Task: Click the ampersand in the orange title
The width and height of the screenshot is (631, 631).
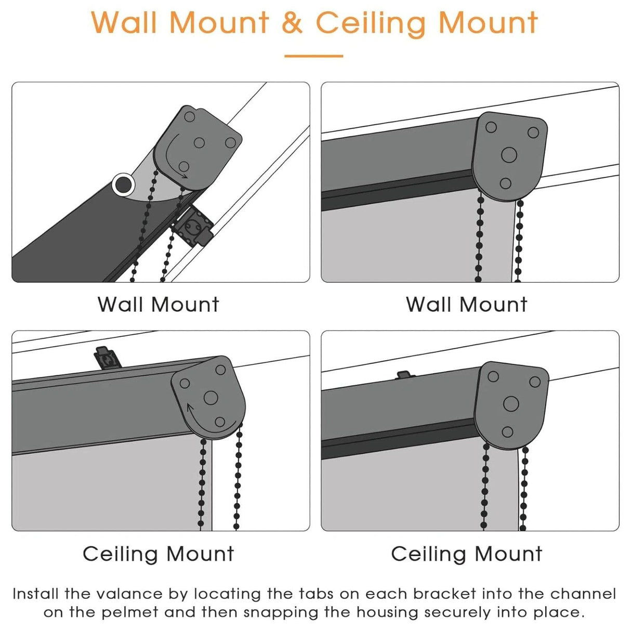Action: coord(292,23)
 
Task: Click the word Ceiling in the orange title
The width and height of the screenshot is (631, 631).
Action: coord(371,23)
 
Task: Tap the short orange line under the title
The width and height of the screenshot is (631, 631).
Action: coord(313,56)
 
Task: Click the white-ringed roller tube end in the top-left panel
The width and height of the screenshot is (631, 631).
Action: coord(124,185)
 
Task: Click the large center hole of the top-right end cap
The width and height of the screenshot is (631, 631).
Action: coord(509,155)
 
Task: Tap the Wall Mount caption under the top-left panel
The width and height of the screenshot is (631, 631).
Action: coord(159,305)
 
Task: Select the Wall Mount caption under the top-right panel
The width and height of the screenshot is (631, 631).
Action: coord(467,305)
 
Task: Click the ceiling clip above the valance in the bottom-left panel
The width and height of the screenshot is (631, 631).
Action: coord(107,358)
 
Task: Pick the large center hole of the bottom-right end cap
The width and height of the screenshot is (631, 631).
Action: coord(511,404)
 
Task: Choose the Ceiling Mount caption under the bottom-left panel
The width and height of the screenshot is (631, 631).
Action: coord(159,554)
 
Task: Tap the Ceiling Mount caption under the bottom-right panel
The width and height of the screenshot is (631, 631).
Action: coord(467,554)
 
